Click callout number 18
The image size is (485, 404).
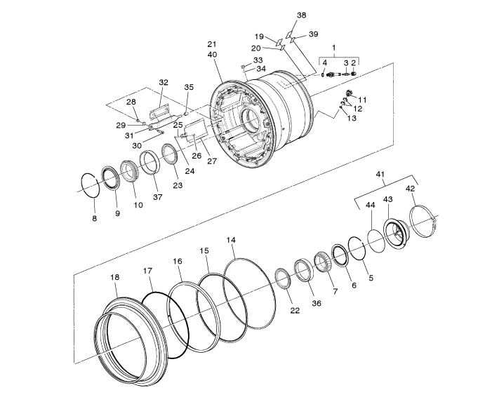[114, 277]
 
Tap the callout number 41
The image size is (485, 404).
[380, 175]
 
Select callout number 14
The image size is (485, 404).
[231, 240]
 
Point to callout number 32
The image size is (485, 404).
[164, 82]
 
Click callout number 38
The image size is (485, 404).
[302, 15]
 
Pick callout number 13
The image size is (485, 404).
[352, 118]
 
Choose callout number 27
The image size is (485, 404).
[212, 161]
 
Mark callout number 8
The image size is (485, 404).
[95, 218]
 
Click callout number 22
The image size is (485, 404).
[295, 310]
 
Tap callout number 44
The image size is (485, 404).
[371, 205]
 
